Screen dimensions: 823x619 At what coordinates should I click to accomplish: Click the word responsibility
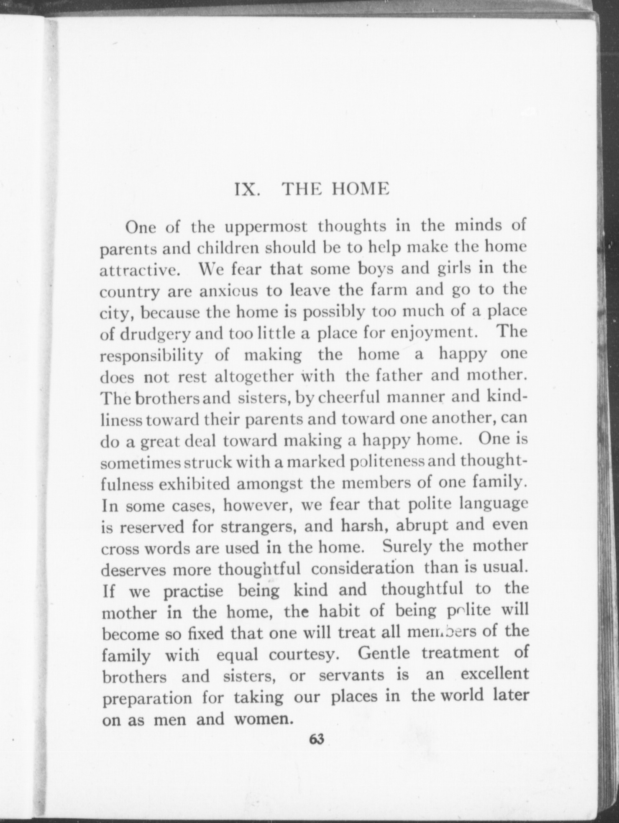point(152,357)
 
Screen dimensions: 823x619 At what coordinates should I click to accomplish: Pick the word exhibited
point(195,485)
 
